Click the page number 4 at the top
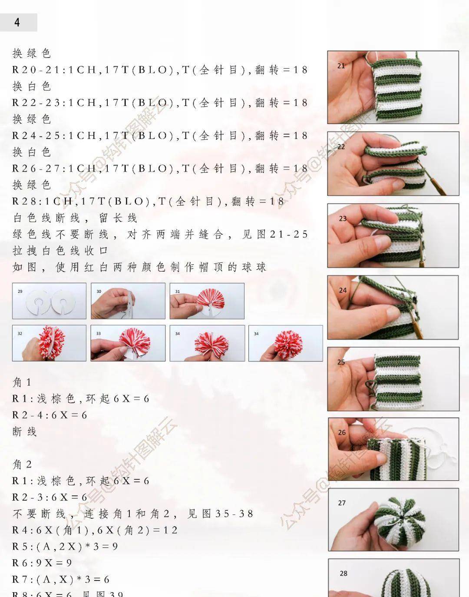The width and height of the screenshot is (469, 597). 17,23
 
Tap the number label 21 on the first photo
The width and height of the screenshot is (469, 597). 341,66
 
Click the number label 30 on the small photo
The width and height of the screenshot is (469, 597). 99,292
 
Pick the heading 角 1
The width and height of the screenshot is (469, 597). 22,382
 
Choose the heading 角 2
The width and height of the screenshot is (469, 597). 22,464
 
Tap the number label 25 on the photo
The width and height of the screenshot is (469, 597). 341,362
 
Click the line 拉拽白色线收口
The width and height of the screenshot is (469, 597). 60,251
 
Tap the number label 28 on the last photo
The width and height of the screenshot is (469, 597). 343,574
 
